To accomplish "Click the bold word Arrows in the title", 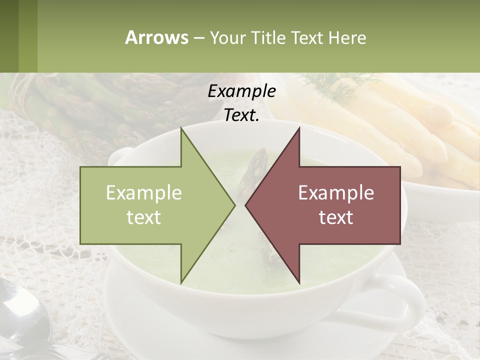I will [156, 37].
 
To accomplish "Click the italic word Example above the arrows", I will [241, 91].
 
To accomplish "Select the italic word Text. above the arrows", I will [241, 115].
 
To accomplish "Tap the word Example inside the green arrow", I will [144, 193].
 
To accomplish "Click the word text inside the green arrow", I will [144, 217].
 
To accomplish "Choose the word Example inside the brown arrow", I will [336, 193].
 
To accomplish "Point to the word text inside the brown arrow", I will [336, 217].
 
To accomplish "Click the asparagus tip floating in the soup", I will [256, 165].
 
